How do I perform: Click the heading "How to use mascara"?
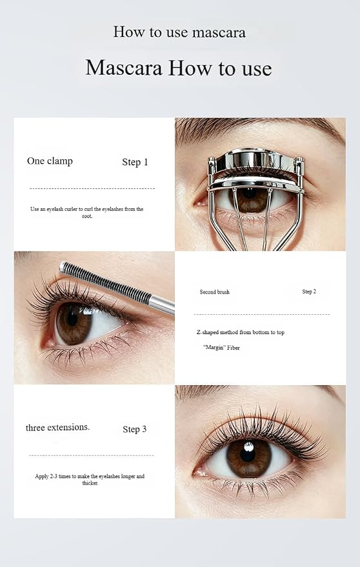tap(179, 32)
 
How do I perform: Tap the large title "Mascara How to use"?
tap(179, 68)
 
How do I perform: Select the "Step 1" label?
tap(135, 162)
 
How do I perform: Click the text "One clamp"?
tap(50, 161)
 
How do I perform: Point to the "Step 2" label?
tap(309, 292)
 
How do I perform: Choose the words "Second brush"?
tap(215, 292)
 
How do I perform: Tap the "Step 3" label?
tap(135, 429)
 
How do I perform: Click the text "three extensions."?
tap(58, 428)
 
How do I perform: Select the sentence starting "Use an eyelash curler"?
tap(87, 213)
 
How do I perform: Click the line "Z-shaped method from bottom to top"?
tap(241, 332)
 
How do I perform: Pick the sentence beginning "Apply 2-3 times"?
tap(90, 479)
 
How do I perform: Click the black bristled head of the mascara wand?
tap(106, 282)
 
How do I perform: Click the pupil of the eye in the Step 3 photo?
tap(248, 454)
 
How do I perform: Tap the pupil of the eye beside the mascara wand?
tap(72, 319)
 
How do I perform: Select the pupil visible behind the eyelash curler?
tap(249, 193)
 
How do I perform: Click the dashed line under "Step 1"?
tap(92, 188)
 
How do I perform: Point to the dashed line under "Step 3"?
tap(92, 455)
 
